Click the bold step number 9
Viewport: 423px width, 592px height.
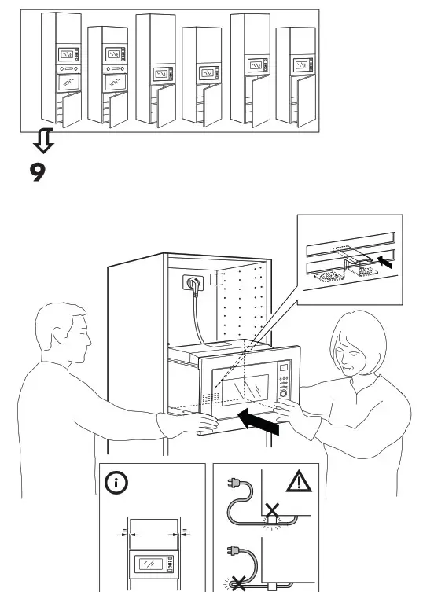click(x=38, y=171)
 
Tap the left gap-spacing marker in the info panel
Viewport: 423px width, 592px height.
click(x=123, y=532)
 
